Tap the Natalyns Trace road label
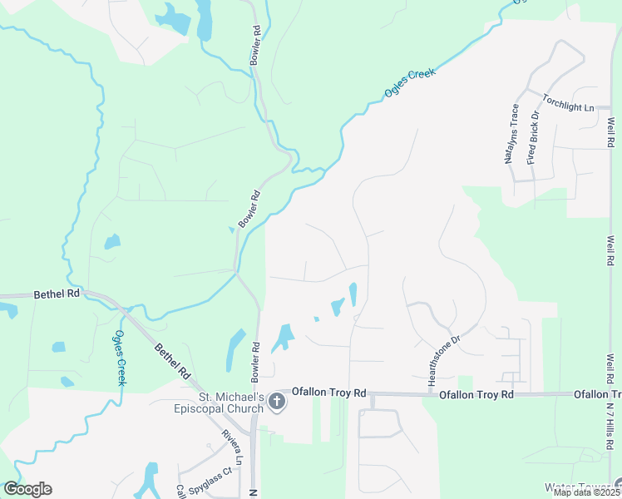coord(514,133)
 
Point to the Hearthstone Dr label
coord(443,360)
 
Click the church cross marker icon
coord(277,403)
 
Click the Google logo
coord(27,489)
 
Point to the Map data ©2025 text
coord(585,492)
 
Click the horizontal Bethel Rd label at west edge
coord(57,294)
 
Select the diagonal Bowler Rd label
coord(249,210)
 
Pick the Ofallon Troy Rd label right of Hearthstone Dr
coord(476,394)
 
